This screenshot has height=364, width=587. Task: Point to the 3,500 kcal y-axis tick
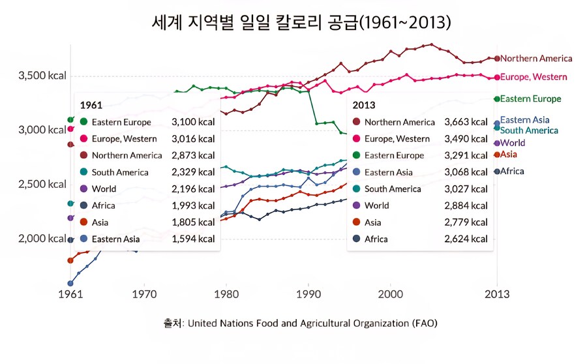click(43, 76)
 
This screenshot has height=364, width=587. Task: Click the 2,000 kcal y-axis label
click(43, 238)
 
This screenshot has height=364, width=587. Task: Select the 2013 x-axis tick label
click(497, 294)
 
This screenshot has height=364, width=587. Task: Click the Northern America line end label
click(536, 59)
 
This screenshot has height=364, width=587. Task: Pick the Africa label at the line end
click(512, 172)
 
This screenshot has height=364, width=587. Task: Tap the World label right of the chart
click(513, 143)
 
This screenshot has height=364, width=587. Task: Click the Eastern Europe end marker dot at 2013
click(497, 99)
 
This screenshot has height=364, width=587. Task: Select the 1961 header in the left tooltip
click(90, 105)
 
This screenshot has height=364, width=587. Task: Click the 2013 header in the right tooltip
click(363, 105)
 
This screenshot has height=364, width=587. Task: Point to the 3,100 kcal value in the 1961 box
click(193, 122)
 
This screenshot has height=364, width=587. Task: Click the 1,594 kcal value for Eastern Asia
click(193, 239)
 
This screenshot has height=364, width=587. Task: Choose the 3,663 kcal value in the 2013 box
click(466, 122)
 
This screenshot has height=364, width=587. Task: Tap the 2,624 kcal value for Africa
click(466, 239)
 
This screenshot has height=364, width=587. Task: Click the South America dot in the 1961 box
click(83, 172)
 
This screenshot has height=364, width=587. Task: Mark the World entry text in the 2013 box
click(376, 205)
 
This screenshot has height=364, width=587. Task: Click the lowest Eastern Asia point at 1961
click(70, 283)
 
